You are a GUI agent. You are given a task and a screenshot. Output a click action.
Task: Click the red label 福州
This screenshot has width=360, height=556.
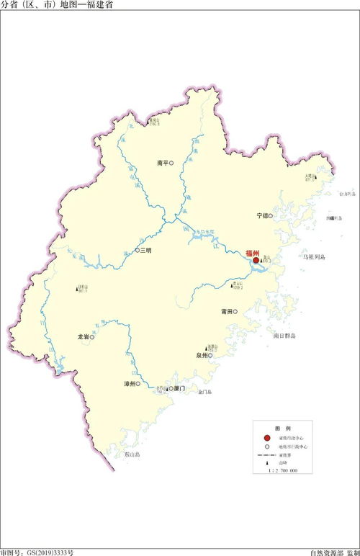(x=252, y=254)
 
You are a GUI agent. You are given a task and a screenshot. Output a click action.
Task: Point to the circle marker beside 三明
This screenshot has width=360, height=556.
(x=137, y=251)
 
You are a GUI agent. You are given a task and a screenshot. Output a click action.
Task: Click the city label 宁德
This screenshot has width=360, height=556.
(x=262, y=215)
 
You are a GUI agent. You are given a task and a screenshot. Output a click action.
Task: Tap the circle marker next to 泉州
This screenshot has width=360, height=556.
(x=212, y=355)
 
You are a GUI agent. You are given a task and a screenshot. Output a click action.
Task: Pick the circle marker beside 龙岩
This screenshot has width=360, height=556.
(x=92, y=336)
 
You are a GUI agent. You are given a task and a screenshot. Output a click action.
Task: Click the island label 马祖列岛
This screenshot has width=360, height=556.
(x=314, y=256)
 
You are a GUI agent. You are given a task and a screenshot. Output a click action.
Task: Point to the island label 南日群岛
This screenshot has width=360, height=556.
(x=284, y=336)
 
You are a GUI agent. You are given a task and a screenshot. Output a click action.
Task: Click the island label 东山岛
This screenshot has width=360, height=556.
(x=132, y=455)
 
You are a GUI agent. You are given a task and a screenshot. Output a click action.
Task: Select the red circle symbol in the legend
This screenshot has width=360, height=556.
(x=266, y=437)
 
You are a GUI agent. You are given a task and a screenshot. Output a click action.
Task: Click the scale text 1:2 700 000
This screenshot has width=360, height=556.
(x=282, y=471)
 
